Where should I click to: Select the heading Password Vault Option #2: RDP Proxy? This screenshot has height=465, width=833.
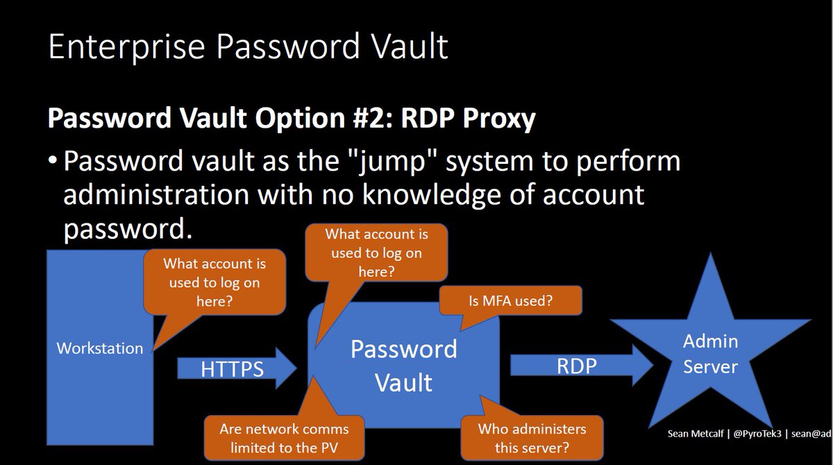[291, 119]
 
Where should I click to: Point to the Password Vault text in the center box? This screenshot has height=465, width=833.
[403, 365]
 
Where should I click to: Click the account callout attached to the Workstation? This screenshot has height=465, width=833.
[214, 283]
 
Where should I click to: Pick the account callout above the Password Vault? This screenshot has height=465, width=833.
[376, 253]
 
